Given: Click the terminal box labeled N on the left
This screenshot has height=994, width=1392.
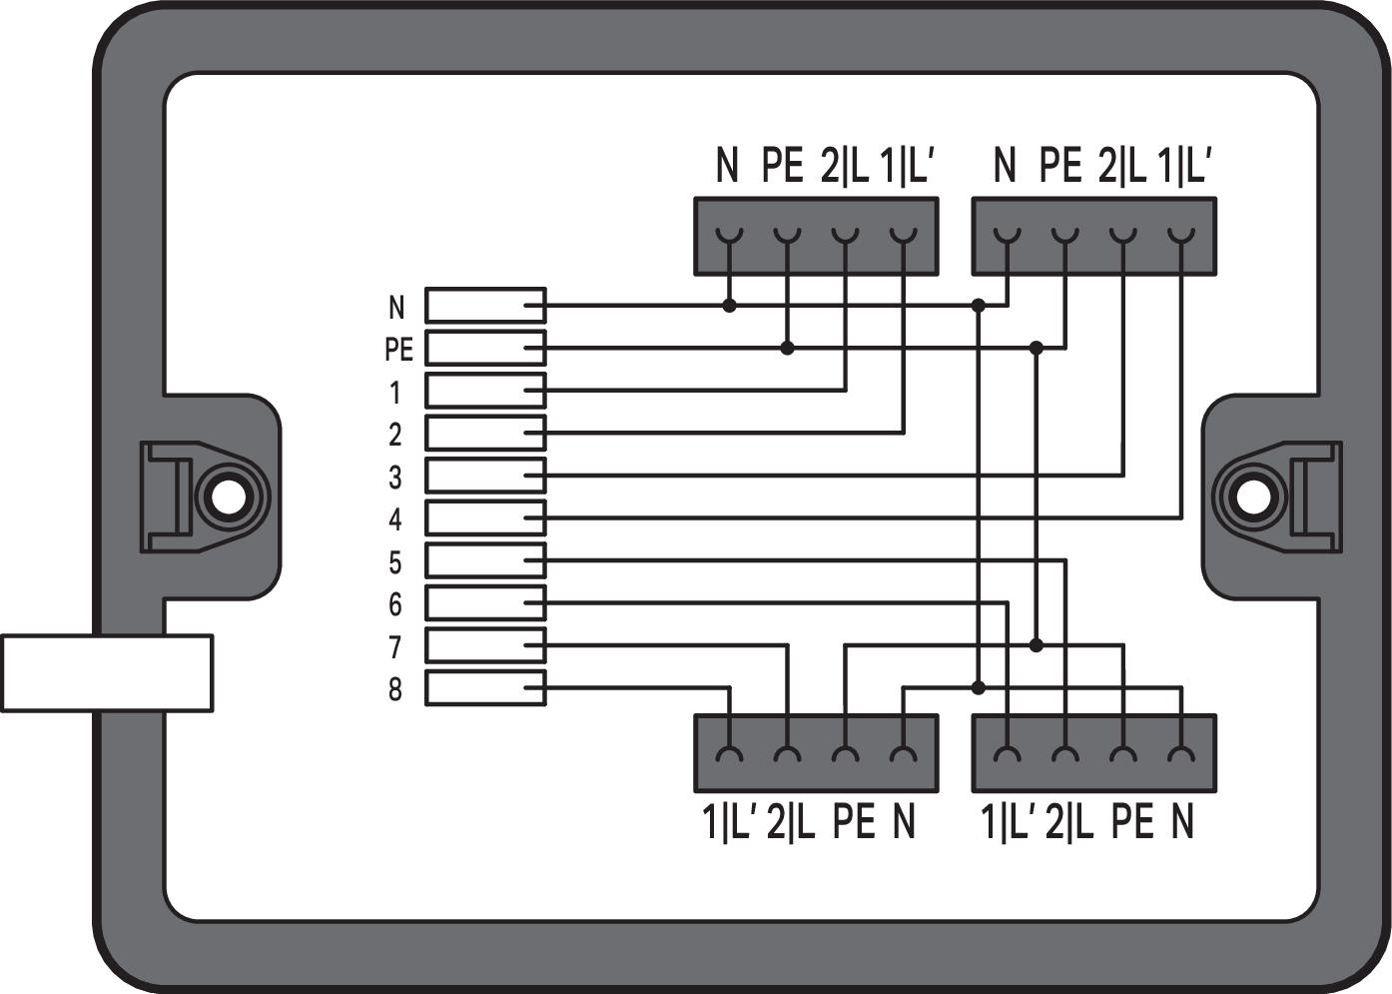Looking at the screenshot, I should tap(485, 306).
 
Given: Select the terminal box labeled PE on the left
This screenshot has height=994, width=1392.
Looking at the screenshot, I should tap(485, 349).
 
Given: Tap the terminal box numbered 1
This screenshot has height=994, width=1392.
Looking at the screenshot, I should tap(485, 391).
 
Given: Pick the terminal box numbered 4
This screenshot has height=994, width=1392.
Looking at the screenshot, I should tap(485, 518).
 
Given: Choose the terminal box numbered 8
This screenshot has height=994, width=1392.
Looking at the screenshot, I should tap(485, 688).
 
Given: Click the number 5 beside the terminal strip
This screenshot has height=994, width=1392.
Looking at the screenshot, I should tap(395, 562).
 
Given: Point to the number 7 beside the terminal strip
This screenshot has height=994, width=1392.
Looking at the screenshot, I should tap(395, 647).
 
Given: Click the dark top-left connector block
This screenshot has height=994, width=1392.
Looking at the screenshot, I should tap(816, 236).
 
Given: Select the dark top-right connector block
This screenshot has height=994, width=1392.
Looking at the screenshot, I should tap(1093, 236).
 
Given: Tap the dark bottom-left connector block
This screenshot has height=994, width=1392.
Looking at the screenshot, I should tap(816, 752).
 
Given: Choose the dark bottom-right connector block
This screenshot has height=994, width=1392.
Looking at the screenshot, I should tap(1093, 752).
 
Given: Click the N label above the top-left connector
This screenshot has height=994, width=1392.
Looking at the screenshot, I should tap(727, 166).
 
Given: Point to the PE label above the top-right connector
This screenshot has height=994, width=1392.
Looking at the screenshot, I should tap(1060, 166).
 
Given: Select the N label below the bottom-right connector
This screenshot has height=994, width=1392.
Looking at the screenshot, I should tap(1181, 822).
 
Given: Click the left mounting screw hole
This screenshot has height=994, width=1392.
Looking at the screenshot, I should tap(229, 497).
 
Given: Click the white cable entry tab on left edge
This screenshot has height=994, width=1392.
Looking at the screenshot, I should tap(106, 672).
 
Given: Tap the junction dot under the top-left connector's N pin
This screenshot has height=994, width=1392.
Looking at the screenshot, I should tap(730, 306).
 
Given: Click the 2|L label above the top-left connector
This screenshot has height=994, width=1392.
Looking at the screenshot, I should tap(844, 166).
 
